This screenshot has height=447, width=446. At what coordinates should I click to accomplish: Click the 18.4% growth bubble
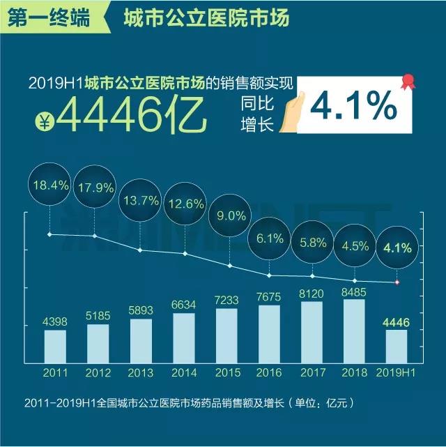coord(49,186)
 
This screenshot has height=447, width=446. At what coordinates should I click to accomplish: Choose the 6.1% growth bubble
coord(270,238)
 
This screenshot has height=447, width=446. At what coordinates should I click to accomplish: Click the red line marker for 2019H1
coord(397,282)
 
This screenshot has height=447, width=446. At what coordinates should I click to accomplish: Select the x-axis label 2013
coord(141,374)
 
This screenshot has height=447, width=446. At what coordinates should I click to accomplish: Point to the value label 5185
coord(98,316)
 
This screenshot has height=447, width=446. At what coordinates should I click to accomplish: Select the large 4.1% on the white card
coord(353,107)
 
